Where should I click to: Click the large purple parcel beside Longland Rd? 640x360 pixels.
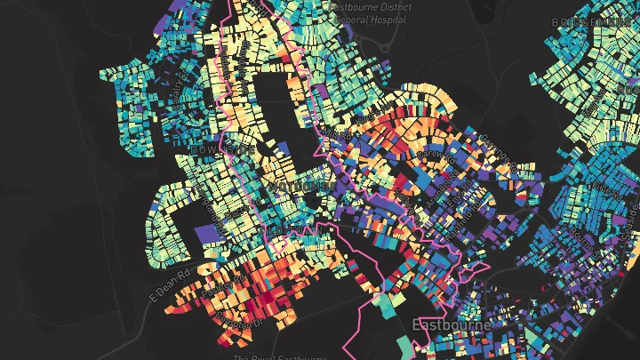206,234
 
